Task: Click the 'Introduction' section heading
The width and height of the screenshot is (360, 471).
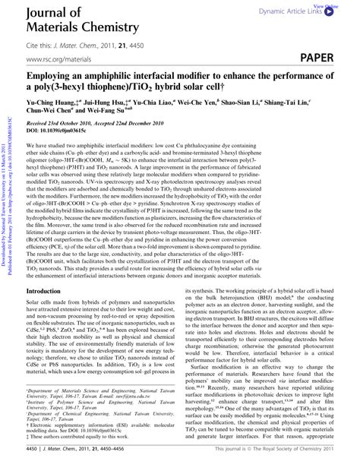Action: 48,290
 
